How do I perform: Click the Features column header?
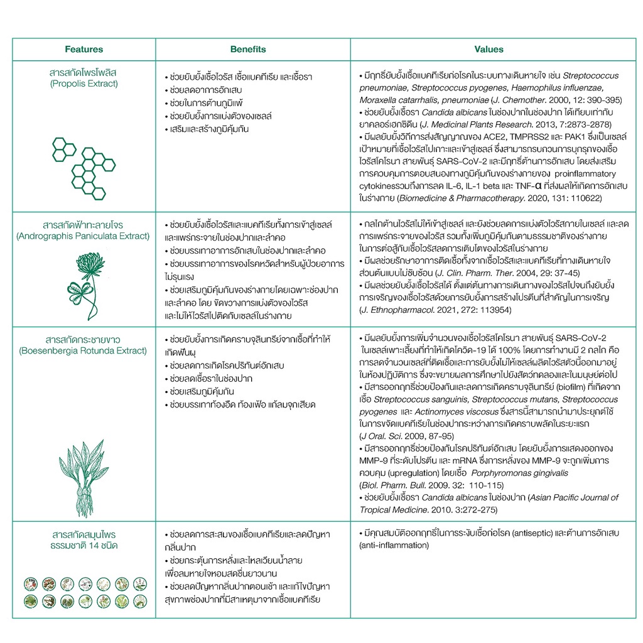point(84,50)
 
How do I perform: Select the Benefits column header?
point(248,50)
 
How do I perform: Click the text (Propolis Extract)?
point(84,84)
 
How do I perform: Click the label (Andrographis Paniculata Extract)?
point(84,236)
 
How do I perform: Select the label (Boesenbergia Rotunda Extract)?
point(84,350)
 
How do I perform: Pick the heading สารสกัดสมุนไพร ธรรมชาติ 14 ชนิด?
point(84,539)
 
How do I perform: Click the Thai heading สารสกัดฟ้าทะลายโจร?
point(84,225)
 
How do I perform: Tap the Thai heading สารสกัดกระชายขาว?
point(84,339)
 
